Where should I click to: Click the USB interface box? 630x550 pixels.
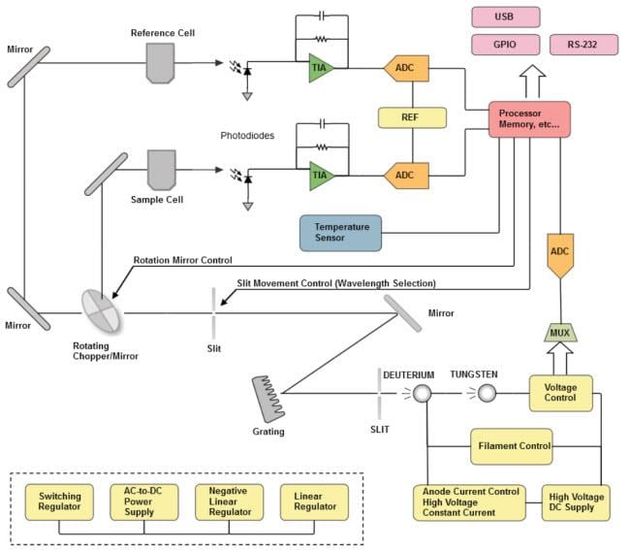(504, 17)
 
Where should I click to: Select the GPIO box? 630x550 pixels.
(504, 45)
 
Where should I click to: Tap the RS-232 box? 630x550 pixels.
(583, 45)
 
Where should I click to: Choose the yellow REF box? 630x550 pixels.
(412, 118)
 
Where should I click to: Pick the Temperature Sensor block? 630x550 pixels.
(340, 233)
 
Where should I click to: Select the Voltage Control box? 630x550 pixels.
(560, 393)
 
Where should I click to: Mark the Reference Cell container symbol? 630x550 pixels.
(162, 62)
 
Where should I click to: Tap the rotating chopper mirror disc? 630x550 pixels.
(102, 312)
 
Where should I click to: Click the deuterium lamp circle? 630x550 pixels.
(423, 393)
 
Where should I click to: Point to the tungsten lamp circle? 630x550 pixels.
(487, 393)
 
